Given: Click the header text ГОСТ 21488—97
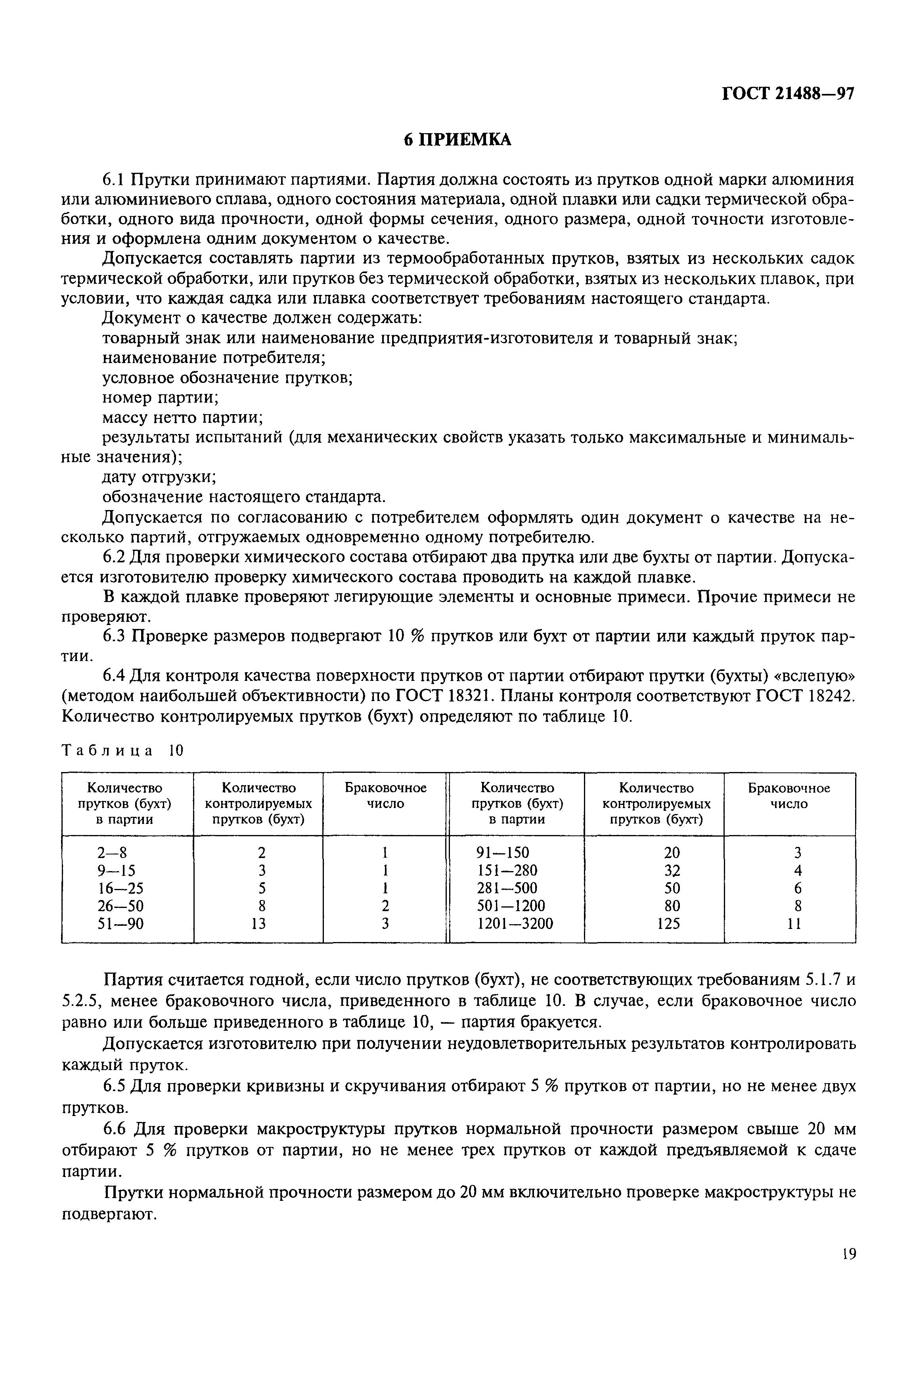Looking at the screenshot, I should coord(787,95).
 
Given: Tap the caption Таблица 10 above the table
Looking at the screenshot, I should coord(122,751).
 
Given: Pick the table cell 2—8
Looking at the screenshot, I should coord(112,852).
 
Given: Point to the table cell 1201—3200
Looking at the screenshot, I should coord(515,923).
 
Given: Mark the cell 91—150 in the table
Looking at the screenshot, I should coord(503,852).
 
